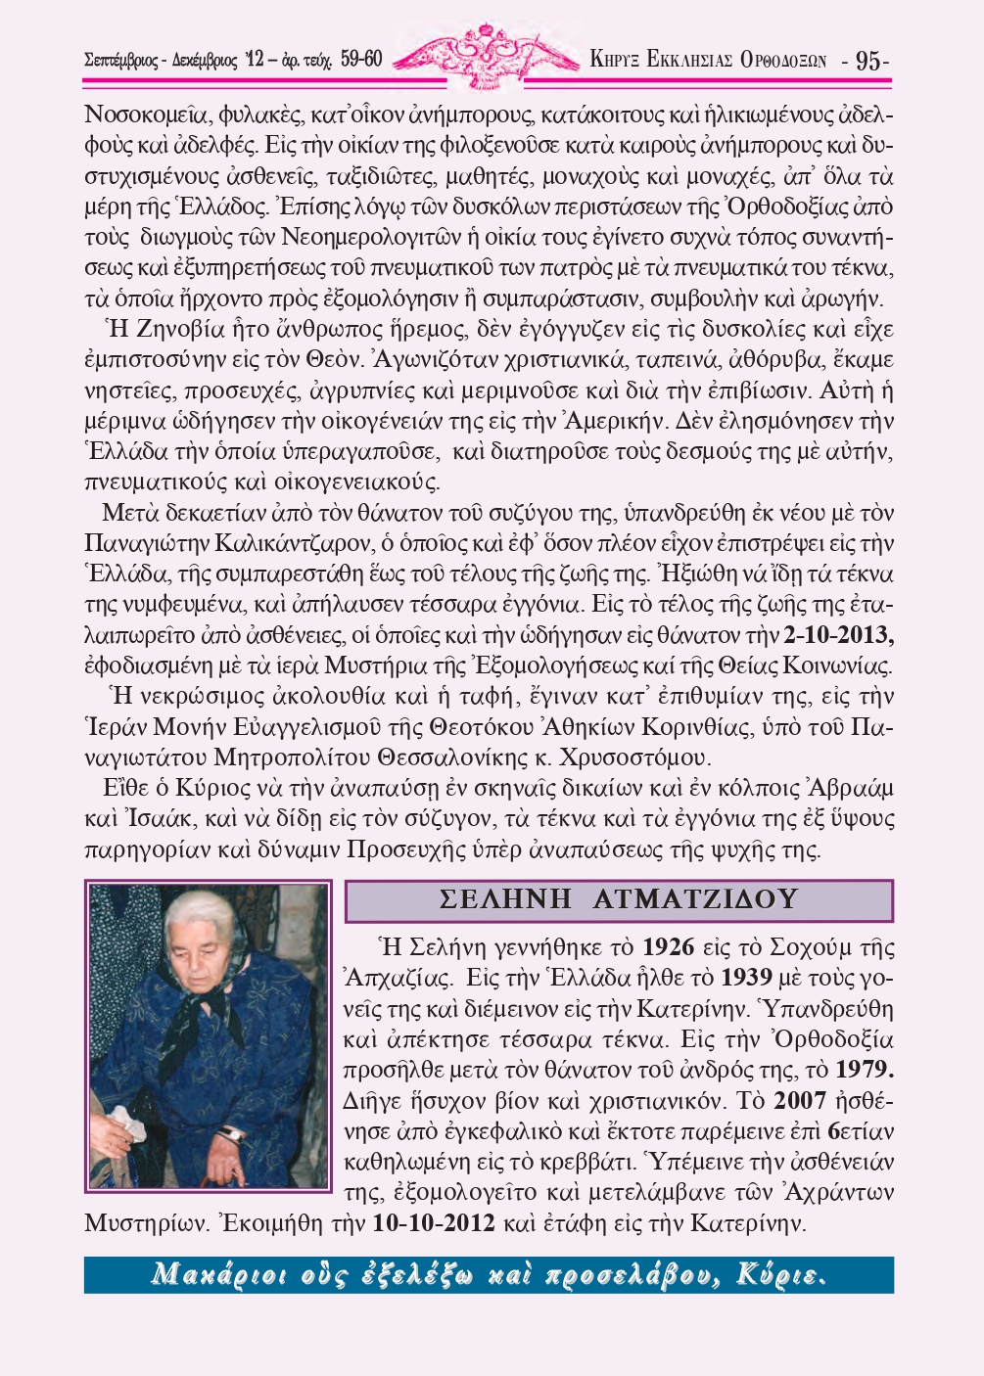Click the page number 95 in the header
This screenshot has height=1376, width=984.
click(868, 61)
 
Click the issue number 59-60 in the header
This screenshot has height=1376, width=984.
click(361, 60)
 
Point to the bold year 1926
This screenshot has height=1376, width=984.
click(668, 947)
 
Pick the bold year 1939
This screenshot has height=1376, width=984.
click(746, 978)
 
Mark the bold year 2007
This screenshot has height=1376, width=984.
click(800, 1101)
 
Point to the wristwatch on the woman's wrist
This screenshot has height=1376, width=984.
click(231, 1132)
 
